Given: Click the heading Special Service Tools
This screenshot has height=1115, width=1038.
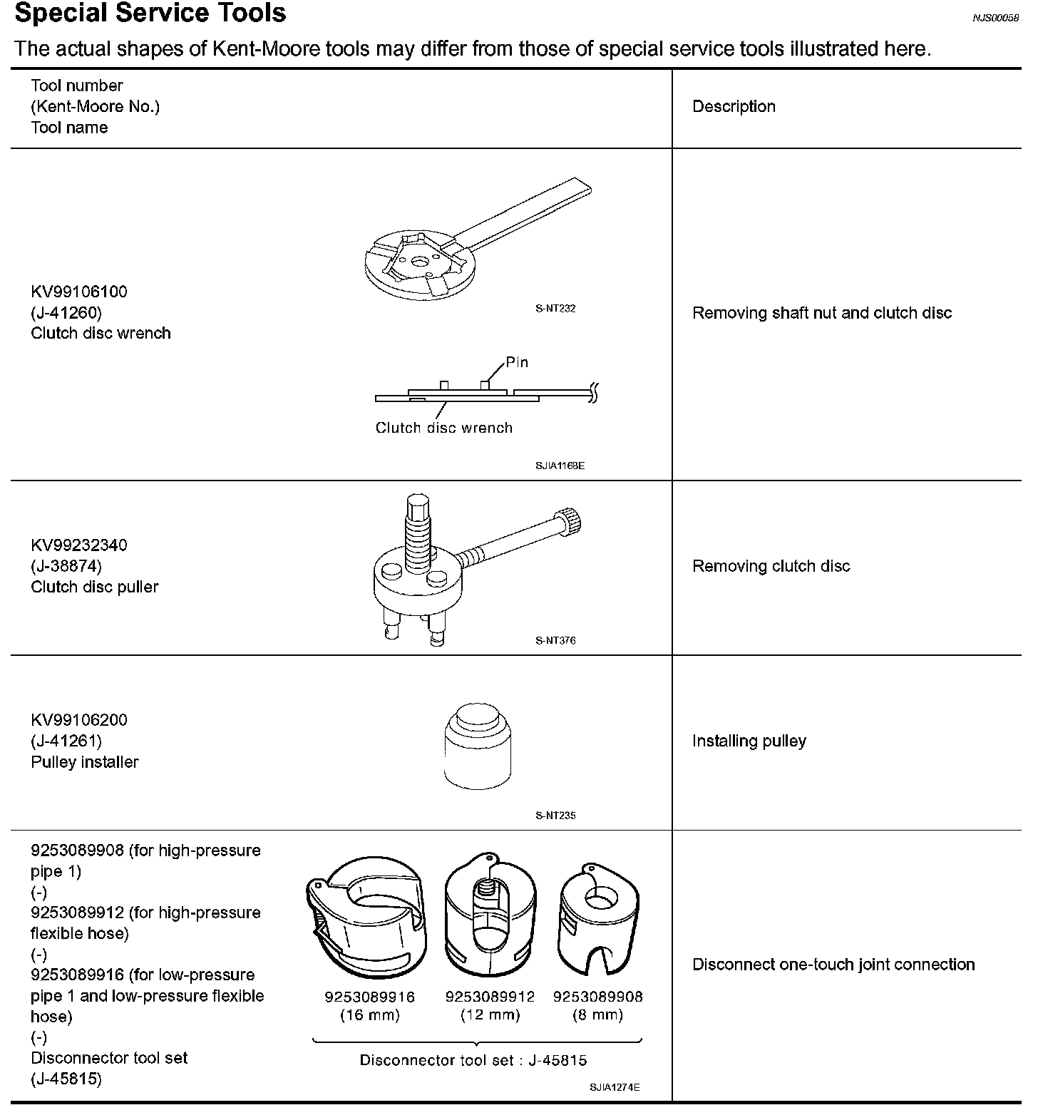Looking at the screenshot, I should (x=150, y=14).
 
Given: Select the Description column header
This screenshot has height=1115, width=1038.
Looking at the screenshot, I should (x=734, y=107).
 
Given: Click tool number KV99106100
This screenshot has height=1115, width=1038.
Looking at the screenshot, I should (x=78, y=292).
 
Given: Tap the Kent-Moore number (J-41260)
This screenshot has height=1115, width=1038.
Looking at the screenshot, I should (x=66, y=312).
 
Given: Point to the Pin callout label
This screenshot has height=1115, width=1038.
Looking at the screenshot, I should (x=517, y=362).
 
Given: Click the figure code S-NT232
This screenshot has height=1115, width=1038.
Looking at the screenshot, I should (x=555, y=309).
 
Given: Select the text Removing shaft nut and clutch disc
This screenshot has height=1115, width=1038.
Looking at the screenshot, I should (x=822, y=313).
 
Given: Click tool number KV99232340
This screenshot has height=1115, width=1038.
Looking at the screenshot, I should (x=78, y=545).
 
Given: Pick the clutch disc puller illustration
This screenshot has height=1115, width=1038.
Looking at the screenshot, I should (x=456, y=570).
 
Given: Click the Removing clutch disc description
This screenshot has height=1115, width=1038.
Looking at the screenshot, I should (x=771, y=566).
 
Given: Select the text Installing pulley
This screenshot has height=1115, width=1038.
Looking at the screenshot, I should (x=749, y=741).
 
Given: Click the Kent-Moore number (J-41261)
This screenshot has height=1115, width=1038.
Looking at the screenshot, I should (x=66, y=741).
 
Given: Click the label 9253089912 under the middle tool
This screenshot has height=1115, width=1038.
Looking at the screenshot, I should (x=490, y=997).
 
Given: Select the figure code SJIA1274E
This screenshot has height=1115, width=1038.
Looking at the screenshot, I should (x=615, y=1087).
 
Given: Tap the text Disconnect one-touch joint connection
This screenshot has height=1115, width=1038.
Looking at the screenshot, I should (x=833, y=965).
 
